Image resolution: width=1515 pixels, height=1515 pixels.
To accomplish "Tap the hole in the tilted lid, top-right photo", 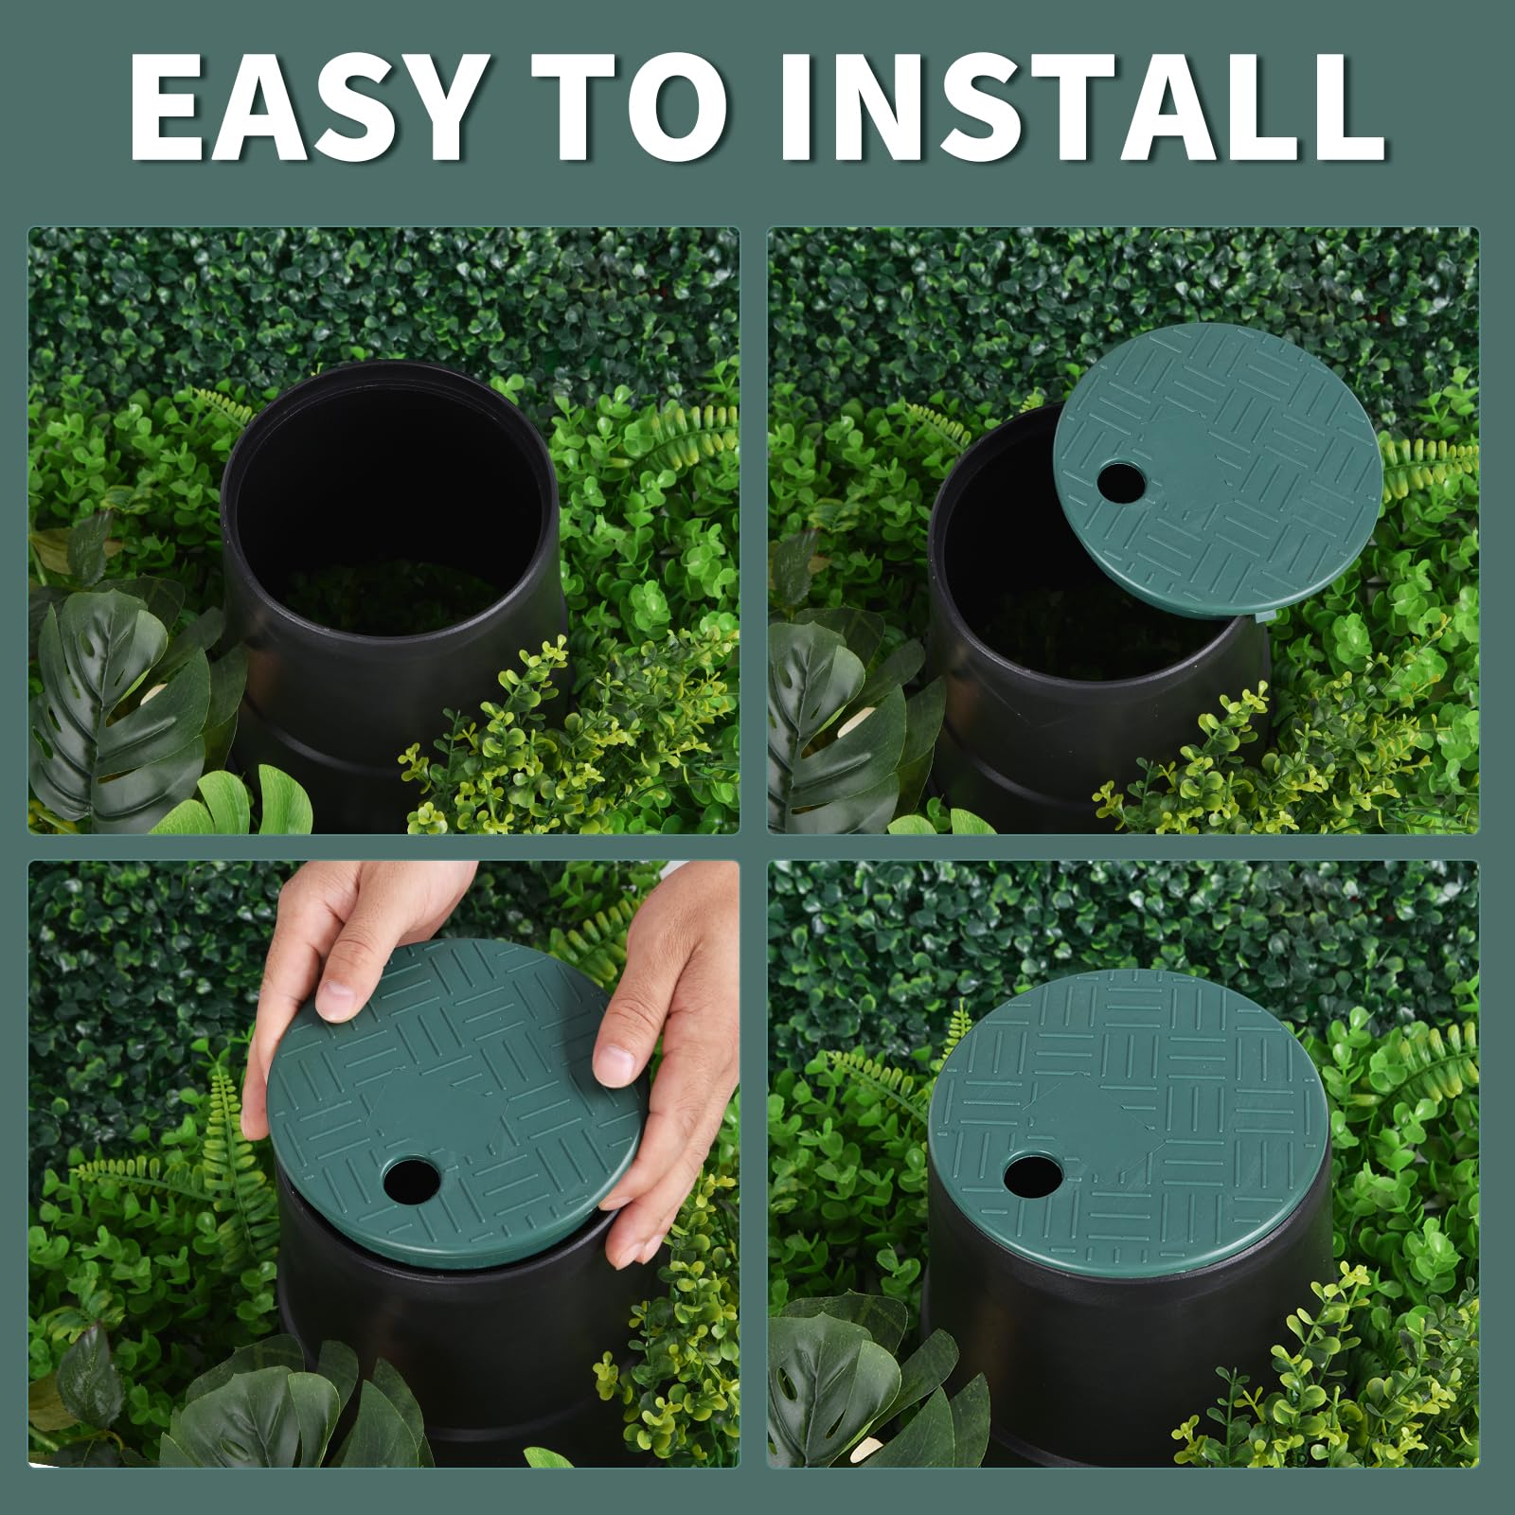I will tap(1121, 482).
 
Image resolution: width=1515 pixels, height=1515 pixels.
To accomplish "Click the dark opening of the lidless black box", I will tap(388, 511).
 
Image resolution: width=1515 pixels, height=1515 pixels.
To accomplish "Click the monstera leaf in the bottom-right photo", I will tap(833, 1382).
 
